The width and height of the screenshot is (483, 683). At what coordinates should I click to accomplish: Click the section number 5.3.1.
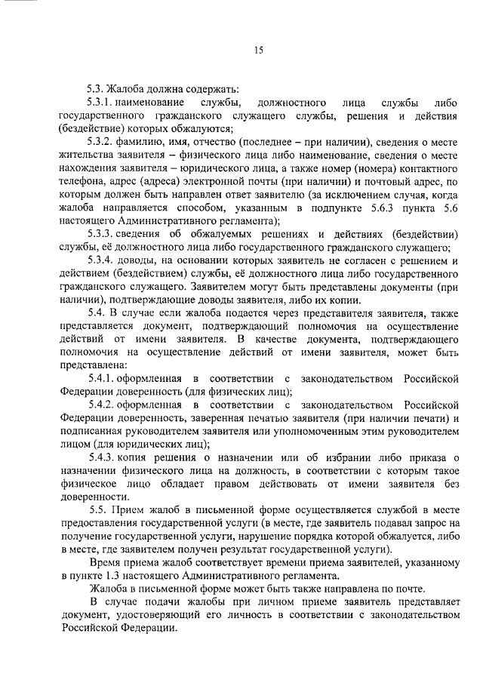(101, 101)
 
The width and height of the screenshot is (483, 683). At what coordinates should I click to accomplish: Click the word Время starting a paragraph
(105, 563)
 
